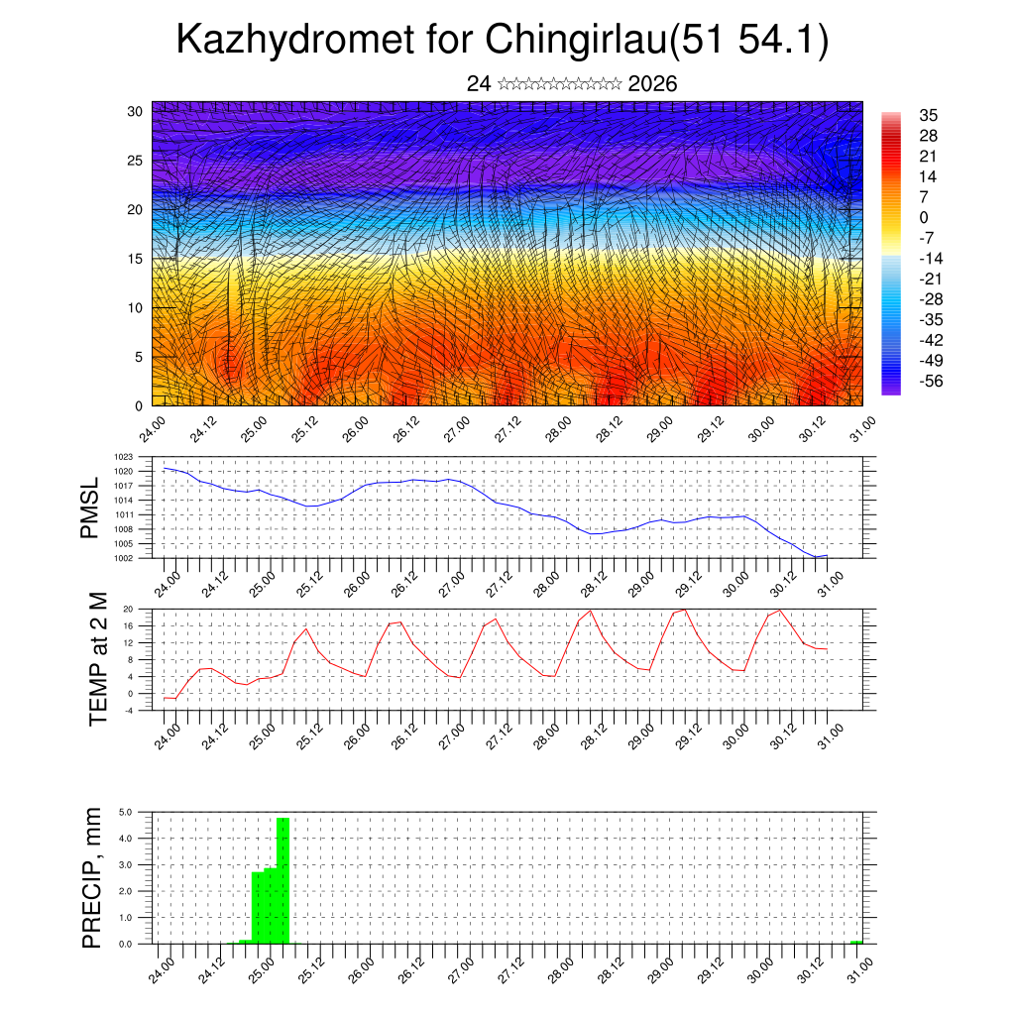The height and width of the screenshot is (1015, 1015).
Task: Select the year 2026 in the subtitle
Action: point(652,84)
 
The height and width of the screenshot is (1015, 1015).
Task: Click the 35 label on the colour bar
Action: point(929,115)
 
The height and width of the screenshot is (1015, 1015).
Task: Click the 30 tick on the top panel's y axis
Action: point(135,111)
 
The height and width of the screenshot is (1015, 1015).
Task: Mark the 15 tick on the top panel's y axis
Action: point(135,259)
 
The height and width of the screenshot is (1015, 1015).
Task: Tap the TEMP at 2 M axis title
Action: point(97,658)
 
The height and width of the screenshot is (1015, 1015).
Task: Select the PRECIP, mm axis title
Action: point(92,877)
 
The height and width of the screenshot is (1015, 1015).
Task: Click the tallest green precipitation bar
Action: point(282,880)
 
